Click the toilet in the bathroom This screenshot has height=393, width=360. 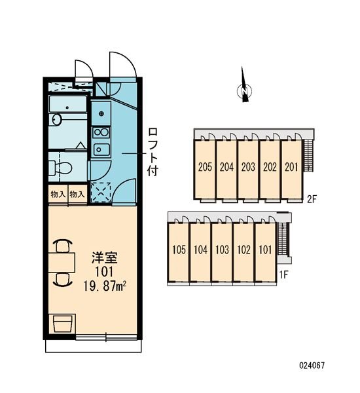point(60,168)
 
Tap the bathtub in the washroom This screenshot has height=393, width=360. point(67,104)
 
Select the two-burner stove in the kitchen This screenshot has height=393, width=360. point(101,132)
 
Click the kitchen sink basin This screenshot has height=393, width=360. point(101,149)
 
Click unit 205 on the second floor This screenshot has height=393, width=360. point(205,167)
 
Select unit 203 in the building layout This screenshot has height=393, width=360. point(248,167)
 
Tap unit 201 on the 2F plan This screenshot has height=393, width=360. point(291,167)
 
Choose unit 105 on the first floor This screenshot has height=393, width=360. point(179,250)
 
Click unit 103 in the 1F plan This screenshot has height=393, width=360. point(222,250)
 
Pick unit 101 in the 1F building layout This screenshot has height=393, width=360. point(265,250)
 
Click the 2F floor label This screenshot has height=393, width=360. point(312,199)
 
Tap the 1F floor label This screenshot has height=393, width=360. point(283,275)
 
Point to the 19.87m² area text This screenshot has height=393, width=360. point(105,286)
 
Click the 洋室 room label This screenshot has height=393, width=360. point(104,258)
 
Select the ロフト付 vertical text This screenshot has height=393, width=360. point(153,152)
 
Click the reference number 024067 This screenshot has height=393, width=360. point(312,365)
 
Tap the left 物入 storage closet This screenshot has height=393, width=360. point(58,194)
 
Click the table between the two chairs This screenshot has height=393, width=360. point(62,263)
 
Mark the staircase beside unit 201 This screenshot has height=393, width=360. point(308,155)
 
